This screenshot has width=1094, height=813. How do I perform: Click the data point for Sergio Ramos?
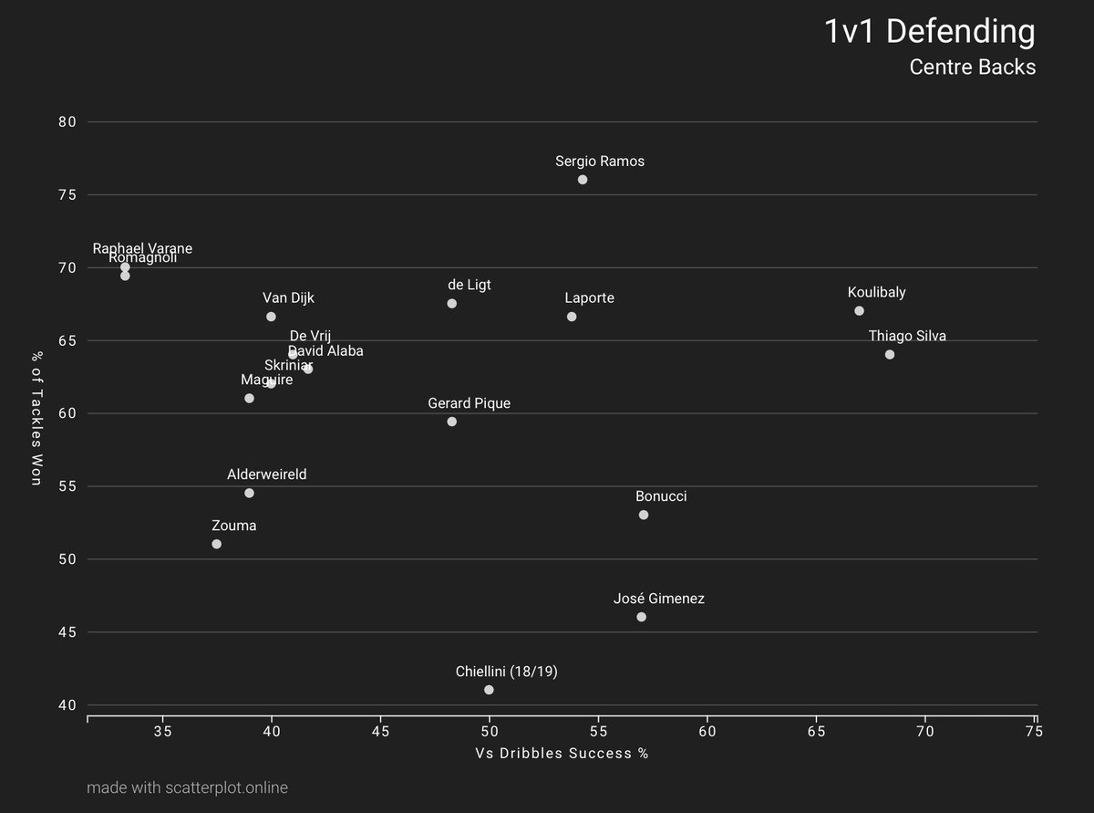click(x=583, y=180)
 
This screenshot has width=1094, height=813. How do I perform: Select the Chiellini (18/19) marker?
click(x=489, y=690)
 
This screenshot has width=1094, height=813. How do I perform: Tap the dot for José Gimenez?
click(x=641, y=617)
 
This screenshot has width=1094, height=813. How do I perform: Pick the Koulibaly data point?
click(x=859, y=311)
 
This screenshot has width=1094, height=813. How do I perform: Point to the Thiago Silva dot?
click(x=890, y=355)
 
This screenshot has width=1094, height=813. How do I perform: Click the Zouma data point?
click(x=216, y=544)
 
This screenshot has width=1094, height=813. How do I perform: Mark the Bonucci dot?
click(x=644, y=515)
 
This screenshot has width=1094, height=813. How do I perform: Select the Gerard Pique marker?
click(x=451, y=422)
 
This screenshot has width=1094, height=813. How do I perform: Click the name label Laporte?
click(x=589, y=298)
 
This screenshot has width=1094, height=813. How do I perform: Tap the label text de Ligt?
click(x=469, y=285)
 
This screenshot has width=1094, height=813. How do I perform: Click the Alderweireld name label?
click(x=266, y=474)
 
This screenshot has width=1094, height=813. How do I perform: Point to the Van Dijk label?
click(x=288, y=297)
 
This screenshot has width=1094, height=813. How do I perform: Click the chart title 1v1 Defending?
click(x=929, y=32)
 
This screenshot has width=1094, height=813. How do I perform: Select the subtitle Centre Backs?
click(x=972, y=68)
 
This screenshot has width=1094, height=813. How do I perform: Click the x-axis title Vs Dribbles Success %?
click(x=562, y=754)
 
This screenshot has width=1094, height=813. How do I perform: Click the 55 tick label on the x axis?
click(x=598, y=733)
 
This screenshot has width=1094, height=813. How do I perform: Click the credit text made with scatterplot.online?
click(x=187, y=787)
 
